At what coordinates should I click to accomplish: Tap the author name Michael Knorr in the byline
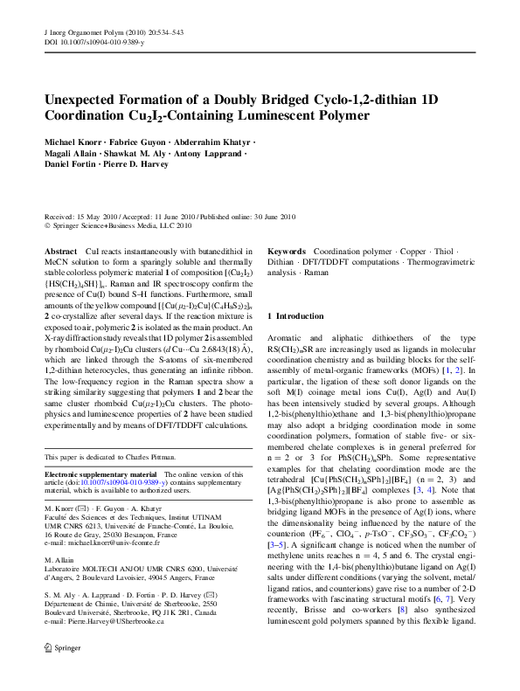point(73,142)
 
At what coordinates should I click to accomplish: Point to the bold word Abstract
point(60,251)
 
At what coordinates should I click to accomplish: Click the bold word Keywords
point(287,251)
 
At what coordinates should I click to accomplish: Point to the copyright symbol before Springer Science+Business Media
point(47,225)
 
